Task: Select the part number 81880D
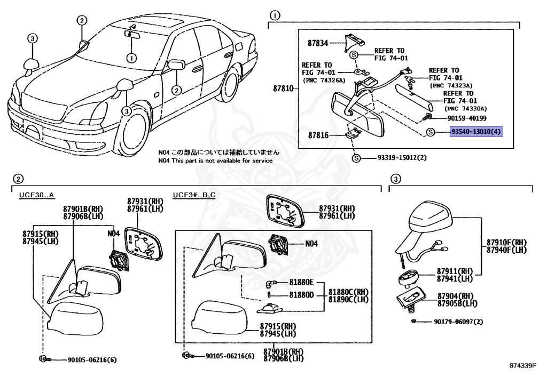(x=301, y=295)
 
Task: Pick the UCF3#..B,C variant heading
(x=194, y=195)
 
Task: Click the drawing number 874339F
(x=525, y=366)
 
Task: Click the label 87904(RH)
(x=455, y=296)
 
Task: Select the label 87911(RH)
(x=455, y=271)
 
